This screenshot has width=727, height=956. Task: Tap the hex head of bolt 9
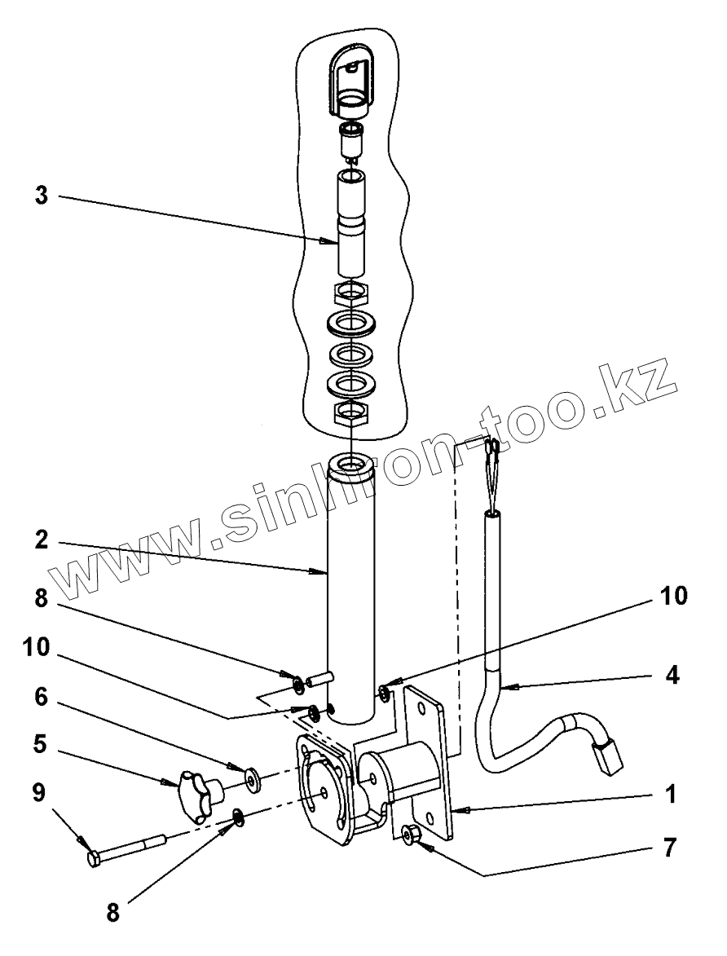(x=95, y=859)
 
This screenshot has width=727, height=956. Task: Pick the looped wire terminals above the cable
(x=492, y=473)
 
